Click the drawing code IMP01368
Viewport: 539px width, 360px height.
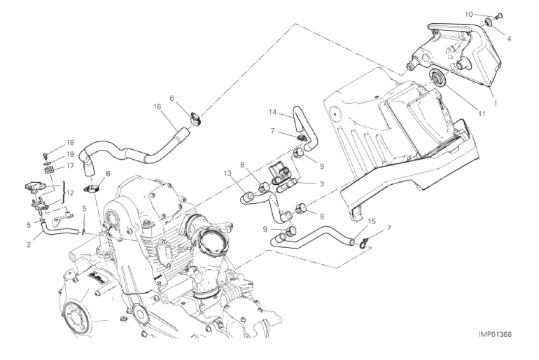tap(496, 335)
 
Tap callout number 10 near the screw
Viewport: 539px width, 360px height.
tap(469, 14)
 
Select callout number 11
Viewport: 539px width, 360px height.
tap(482, 113)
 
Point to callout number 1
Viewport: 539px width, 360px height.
tap(496, 103)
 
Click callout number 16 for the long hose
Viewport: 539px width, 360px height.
tap(157, 106)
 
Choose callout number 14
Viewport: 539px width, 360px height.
tap(272, 112)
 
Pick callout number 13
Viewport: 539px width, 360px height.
tap(228, 174)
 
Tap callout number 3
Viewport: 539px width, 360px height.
tap(322, 184)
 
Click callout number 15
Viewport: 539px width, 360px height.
tap(372, 222)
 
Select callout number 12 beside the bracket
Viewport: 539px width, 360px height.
tap(70, 193)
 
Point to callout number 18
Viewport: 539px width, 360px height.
tap(70, 143)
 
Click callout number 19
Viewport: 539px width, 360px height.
tap(70, 154)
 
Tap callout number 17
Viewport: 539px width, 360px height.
tap(70, 166)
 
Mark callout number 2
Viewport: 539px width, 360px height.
tap(29, 245)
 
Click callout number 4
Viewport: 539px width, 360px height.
tap(509, 39)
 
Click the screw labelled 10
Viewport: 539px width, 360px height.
tap(498, 16)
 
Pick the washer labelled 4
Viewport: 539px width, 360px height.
tap(488, 22)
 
